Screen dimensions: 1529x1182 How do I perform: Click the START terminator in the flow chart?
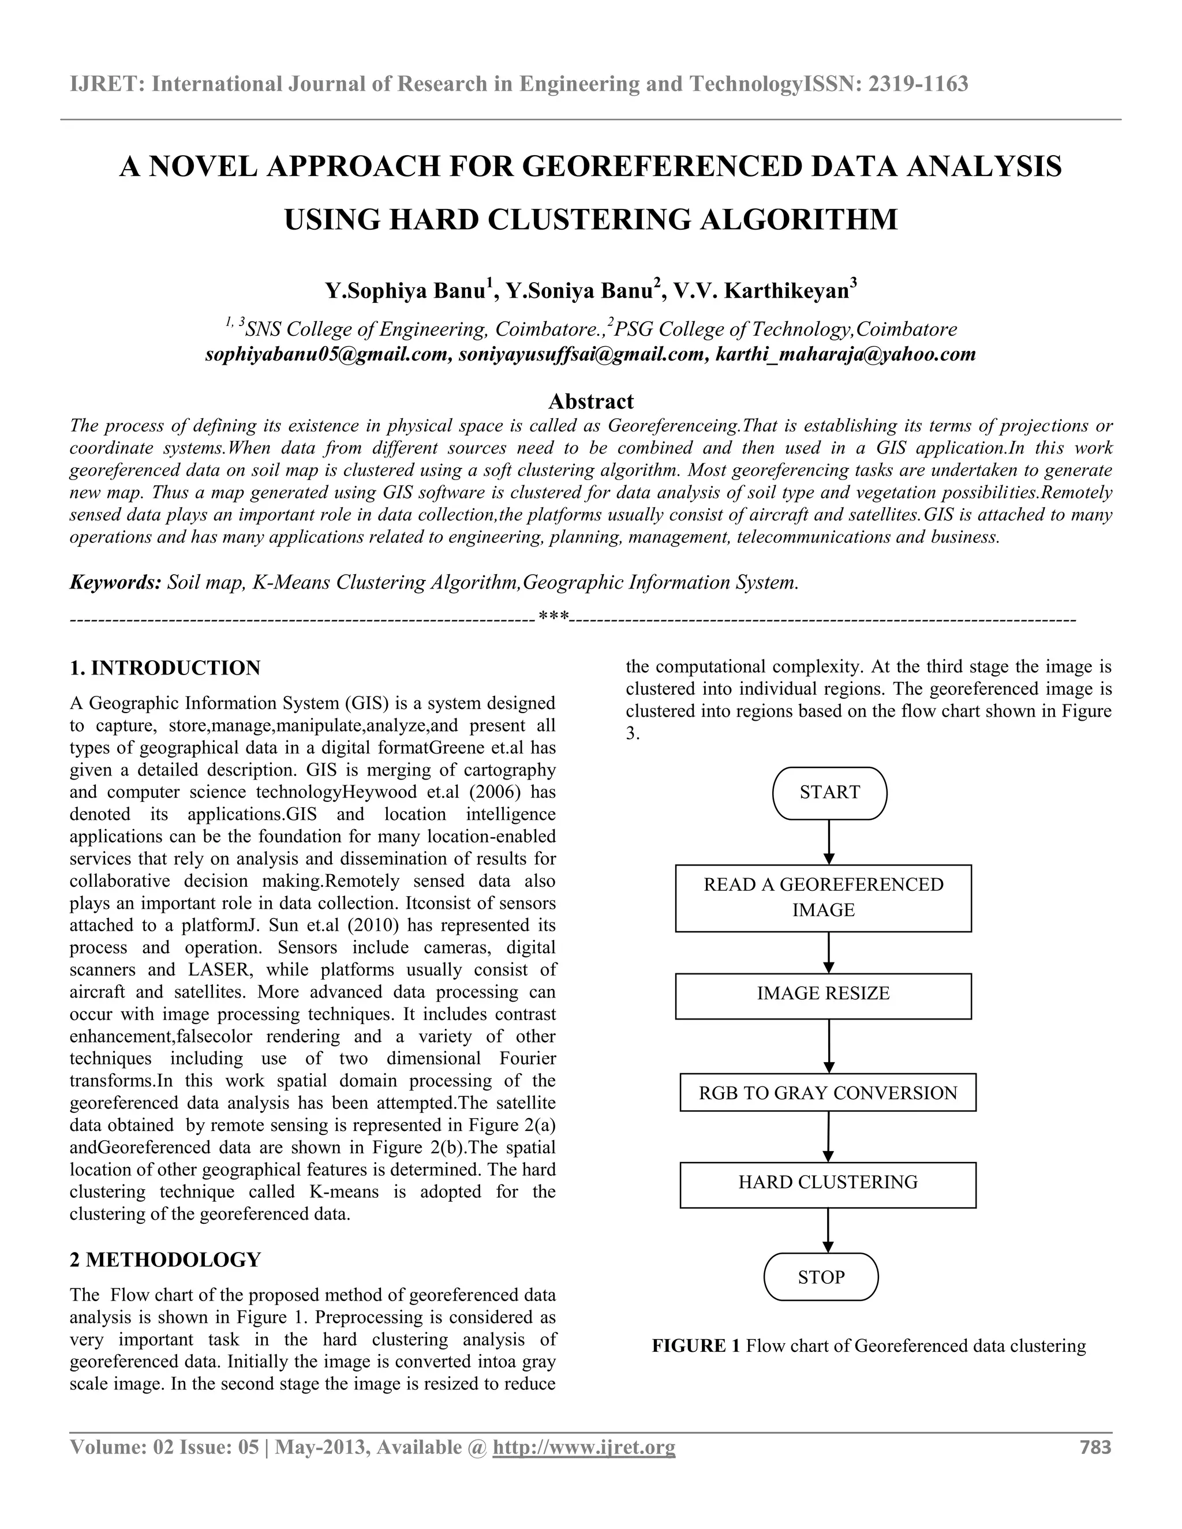point(829,793)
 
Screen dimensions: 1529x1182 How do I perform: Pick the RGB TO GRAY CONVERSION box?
point(828,1093)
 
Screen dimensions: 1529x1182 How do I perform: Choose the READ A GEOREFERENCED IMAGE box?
point(823,898)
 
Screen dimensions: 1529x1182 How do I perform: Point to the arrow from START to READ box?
point(829,842)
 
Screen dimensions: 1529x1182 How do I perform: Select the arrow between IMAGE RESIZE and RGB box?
point(829,1046)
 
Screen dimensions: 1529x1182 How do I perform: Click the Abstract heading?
point(590,401)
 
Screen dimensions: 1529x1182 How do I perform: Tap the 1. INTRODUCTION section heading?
point(165,668)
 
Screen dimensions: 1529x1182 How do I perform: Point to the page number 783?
point(1095,1447)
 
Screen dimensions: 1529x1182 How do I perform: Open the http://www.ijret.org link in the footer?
point(584,1447)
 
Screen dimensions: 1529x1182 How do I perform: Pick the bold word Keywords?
point(115,583)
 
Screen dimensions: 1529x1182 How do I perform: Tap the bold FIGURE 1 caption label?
point(695,1346)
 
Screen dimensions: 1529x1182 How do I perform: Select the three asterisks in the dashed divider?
point(553,617)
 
